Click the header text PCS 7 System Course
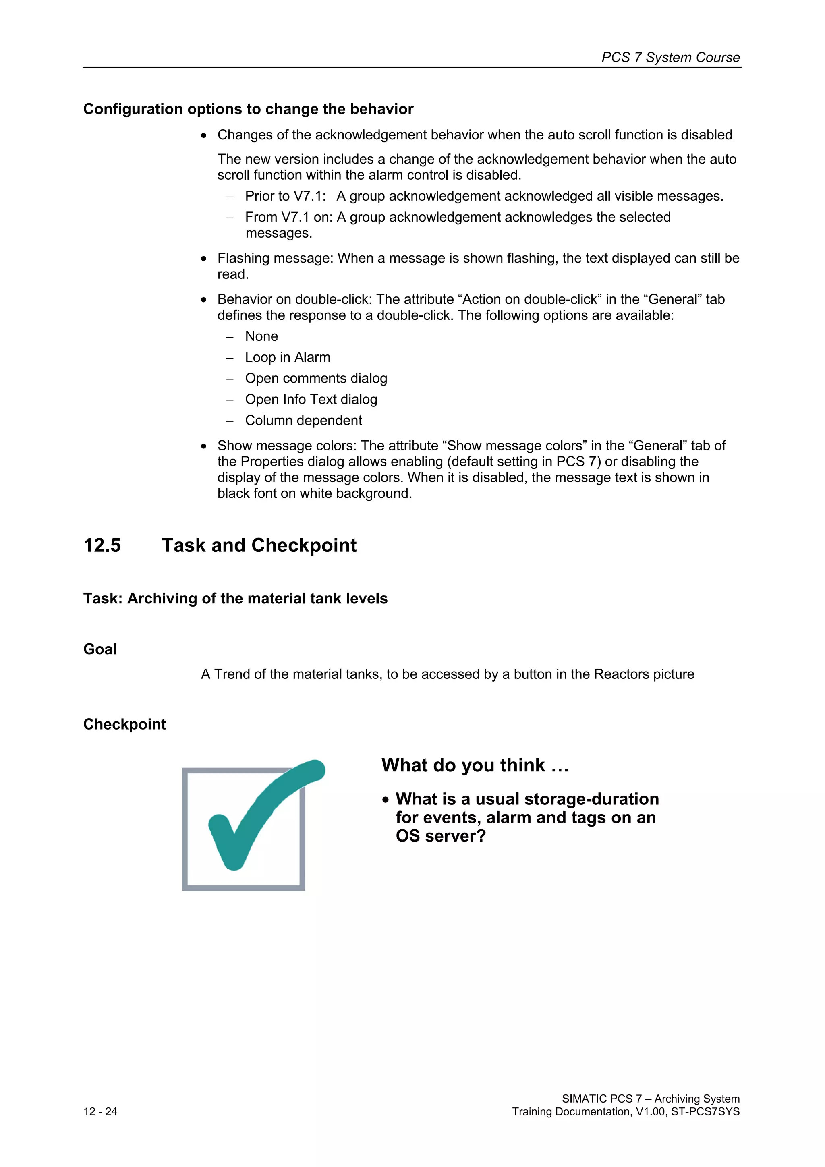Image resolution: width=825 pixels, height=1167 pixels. pos(670,58)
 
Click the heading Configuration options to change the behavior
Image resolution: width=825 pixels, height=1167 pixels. pos(248,109)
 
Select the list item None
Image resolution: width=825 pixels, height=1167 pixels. pos(261,336)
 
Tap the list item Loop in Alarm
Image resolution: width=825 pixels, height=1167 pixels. pos(287,357)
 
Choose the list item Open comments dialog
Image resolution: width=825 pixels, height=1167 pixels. pos(316,378)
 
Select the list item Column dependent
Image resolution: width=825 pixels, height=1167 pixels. pos(303,420)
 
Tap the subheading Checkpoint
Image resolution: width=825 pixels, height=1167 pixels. pos(124,724)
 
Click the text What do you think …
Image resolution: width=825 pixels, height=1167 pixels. pos(475,765)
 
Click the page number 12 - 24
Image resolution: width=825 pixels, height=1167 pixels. pos(100,1111)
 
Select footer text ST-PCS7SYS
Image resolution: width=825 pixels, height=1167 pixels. pos(705,1111)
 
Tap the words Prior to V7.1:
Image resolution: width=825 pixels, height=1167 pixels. pos(285,196)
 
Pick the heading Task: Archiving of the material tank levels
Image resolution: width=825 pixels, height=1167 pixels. pos(235,598)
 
